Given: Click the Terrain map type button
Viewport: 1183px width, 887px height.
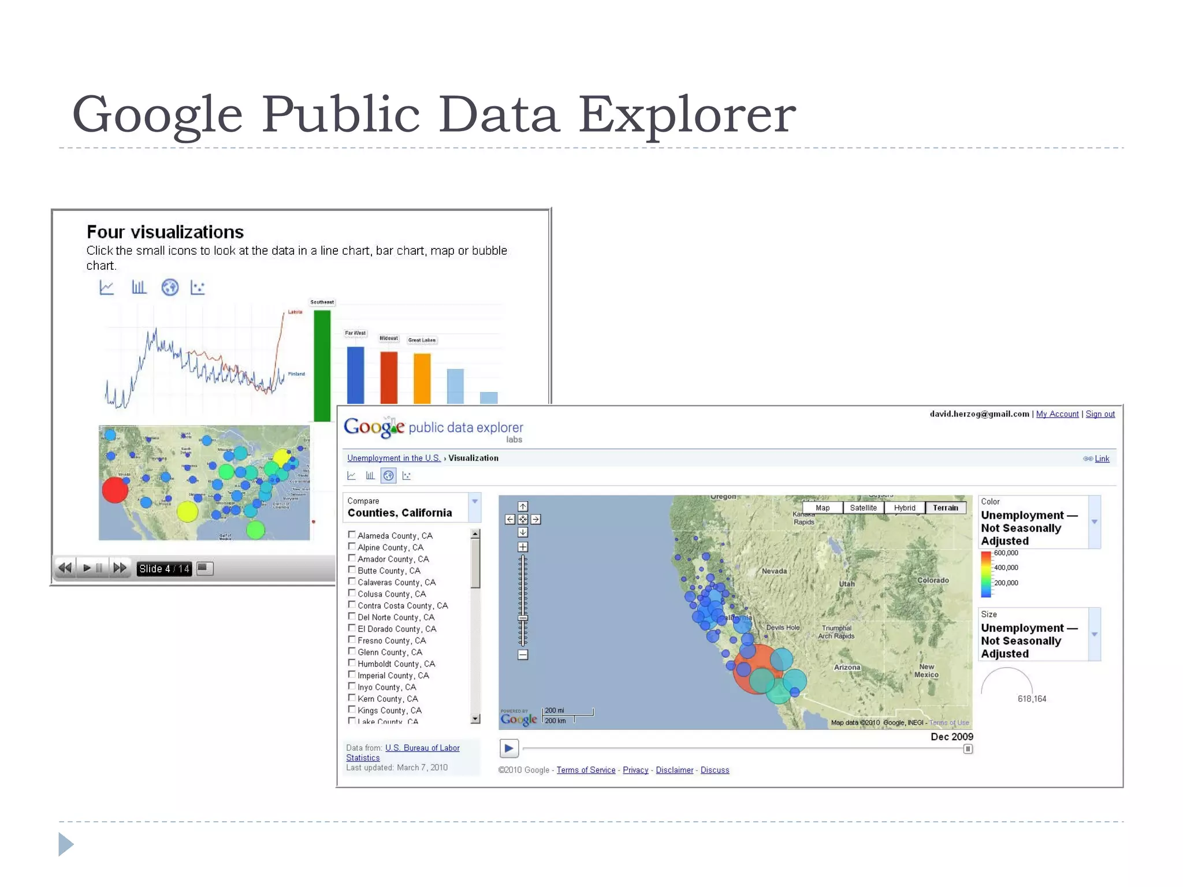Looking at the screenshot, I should (945, 508).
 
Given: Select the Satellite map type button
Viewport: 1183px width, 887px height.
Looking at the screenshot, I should (863, 508).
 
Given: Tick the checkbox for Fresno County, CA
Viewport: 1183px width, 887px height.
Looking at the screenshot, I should (352, 639).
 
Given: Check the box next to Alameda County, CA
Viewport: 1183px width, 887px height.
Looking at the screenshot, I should (352, 535).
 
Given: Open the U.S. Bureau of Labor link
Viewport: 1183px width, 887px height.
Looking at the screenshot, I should (422, 748).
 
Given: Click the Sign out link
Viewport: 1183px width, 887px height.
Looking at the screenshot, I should (1100, 414).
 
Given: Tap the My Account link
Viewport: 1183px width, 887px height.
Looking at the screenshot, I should (1057, 414).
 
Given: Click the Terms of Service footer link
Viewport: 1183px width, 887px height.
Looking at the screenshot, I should (586, 770).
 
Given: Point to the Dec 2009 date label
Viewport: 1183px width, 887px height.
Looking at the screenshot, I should (951, 736).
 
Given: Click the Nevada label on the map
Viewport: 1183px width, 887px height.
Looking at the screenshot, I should (774, 571).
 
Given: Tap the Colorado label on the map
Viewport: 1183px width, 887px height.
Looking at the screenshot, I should (933, 580).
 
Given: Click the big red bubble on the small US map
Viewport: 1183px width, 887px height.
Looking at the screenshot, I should (115, 490).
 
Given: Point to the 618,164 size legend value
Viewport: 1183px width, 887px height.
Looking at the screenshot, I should (1032, 699).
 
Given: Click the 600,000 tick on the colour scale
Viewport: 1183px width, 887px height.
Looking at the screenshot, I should (1006, 553).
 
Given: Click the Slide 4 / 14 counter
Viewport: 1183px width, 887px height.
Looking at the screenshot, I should (164, 569).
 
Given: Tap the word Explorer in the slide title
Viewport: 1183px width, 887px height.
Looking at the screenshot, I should (687, 114).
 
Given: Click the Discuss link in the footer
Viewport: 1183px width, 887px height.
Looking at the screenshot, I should (715, 770).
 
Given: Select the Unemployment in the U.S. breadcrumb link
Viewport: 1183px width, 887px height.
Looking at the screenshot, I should (393, 458).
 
